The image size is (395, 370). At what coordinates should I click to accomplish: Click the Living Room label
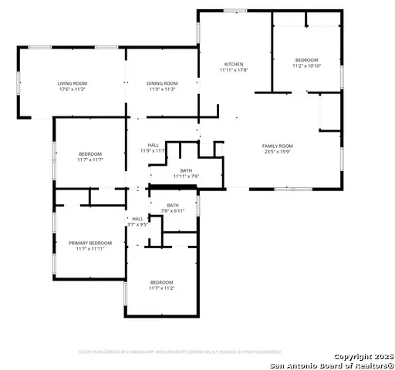click(x=72, y=83)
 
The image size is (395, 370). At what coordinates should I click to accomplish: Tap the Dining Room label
click(x=162, y=83)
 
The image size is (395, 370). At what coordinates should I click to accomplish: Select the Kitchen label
click(x=234, y=64)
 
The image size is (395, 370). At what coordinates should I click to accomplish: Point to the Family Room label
click(x=278, y=146)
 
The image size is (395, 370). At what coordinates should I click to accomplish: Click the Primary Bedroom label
click(x=89, y=243)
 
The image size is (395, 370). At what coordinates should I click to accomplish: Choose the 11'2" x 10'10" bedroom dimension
click(x=306, y=66)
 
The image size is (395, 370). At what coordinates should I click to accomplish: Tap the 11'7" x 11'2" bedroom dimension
click(x=162, y=288)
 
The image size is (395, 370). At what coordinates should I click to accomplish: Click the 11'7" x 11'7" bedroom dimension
click(x=89, y=160)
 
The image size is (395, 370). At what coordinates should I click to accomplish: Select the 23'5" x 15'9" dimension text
click(x=278, y=152)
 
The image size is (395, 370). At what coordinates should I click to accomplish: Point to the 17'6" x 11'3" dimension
click(x=72, y=89)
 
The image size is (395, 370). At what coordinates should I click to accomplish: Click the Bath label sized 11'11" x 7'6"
click(x=186, y=170)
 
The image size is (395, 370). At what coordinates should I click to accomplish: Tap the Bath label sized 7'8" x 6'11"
click(x=172, y=205)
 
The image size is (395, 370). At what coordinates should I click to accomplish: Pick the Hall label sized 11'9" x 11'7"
click(x=153, y=145)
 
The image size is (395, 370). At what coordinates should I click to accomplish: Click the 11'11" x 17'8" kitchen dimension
click(x=234, y=70)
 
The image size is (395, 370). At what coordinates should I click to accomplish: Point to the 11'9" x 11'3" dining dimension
click(x=162, y=89)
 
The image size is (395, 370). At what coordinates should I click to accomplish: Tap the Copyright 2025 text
click(x=363, y=356)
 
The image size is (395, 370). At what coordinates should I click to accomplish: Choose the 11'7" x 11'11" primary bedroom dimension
click(x=89, y=249)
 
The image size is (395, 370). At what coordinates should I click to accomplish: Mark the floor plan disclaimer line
click(x=180, y=351)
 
